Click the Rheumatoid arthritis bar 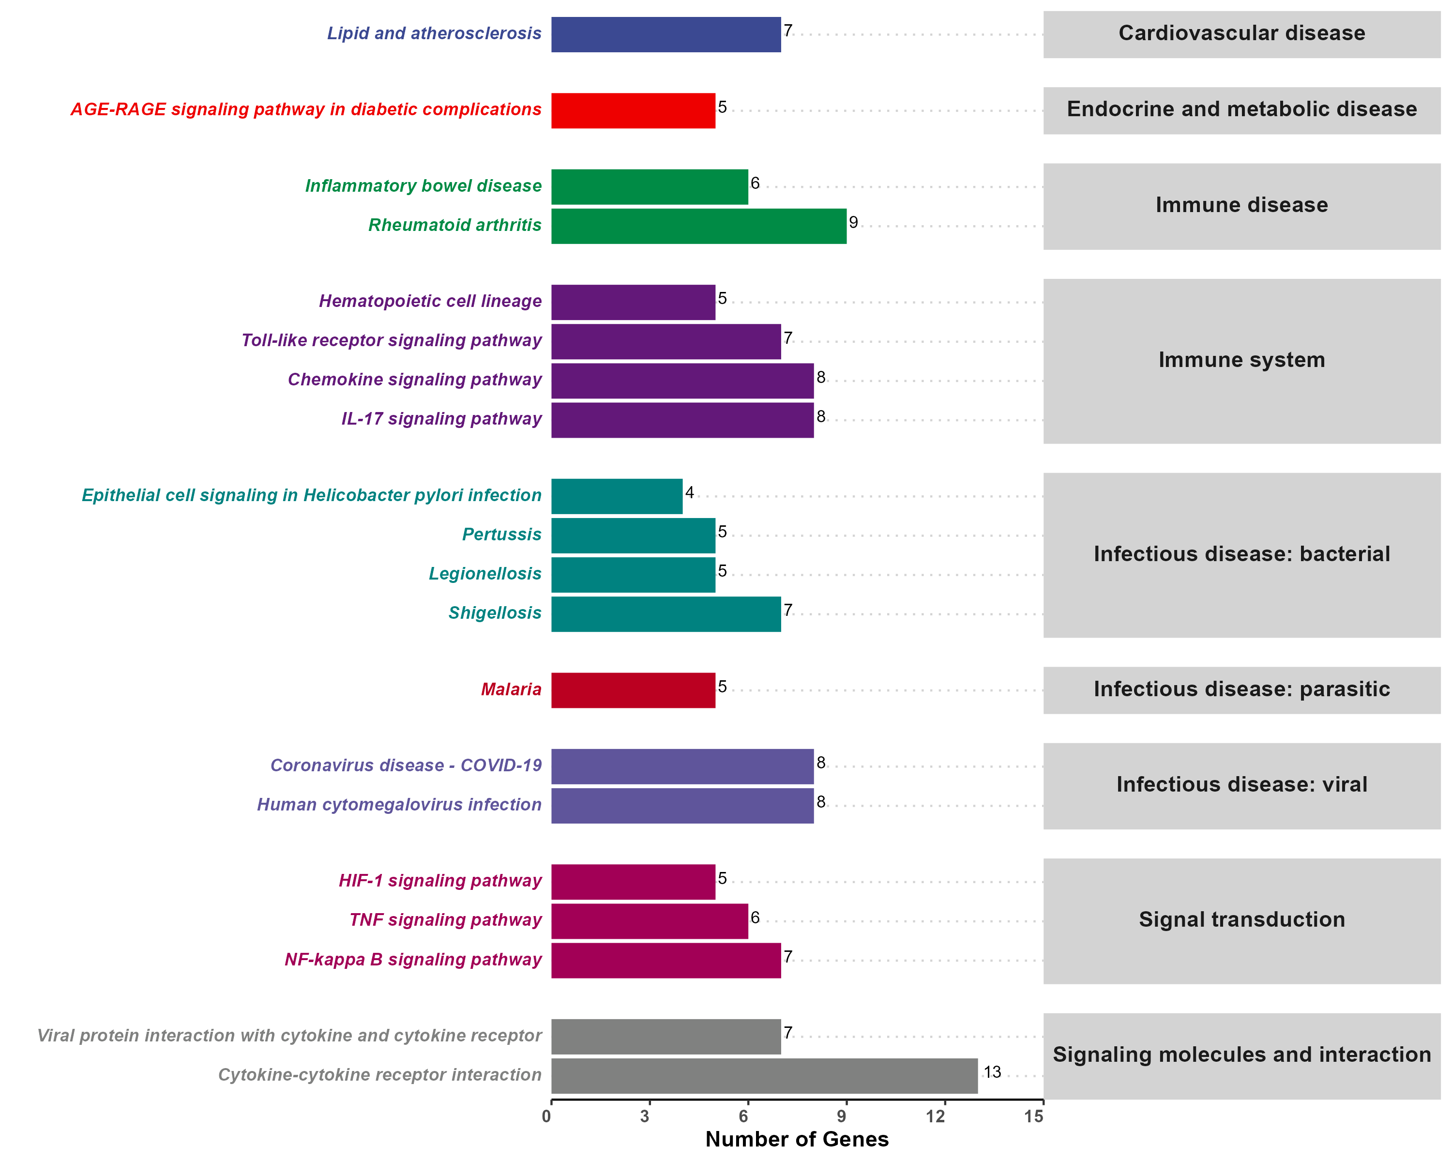[698, 226]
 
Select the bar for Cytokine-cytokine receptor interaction [764, 1076]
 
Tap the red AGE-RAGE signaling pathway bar [633, 110]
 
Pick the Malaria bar [633, 690]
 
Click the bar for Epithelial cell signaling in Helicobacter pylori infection [616, 496]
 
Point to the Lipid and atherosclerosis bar [665, 34]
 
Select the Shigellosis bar [665, 613]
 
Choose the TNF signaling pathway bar [649, 921]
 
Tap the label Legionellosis [485, 574]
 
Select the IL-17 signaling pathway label [441, 419]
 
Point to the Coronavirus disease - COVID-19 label [406, 766]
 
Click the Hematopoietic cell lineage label [430, 301]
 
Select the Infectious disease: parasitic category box [1241, 690]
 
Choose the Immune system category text [1241, 360]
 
